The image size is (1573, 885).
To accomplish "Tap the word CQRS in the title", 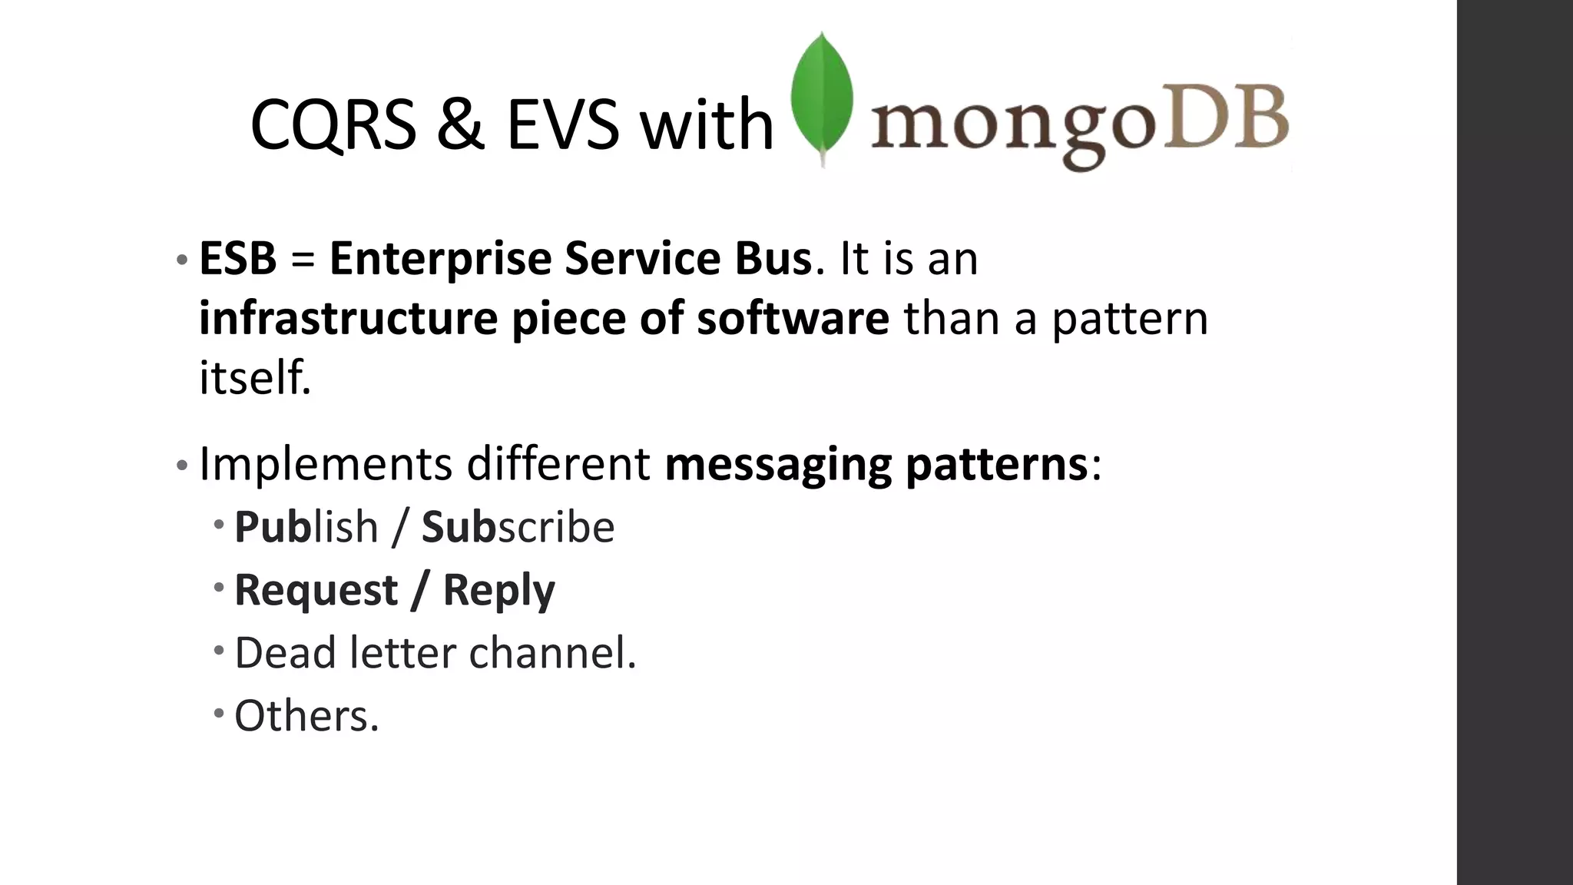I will click(x=333, y=124).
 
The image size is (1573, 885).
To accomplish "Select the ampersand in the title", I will click(x=461, y=124).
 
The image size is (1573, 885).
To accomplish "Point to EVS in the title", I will click(x=562, y=124).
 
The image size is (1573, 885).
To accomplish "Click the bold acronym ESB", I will click(x=237, y=259).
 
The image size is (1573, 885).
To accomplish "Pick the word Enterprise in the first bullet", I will click(x=440, y=259).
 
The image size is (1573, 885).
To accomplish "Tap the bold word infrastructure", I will click(x=348, y=319).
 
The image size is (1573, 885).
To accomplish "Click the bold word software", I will click(x=793, y=319).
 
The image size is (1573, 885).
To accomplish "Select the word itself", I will click(x=255, y=378).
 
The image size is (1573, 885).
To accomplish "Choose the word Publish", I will click(x=306, y=528).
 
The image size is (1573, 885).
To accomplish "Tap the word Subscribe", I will click(x=518, y=528).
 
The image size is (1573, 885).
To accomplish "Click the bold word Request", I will click(x=316, y=591).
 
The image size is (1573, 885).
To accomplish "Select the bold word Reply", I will click(x=498, y=591).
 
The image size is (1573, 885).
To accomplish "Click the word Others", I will click(x=306, y=716).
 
